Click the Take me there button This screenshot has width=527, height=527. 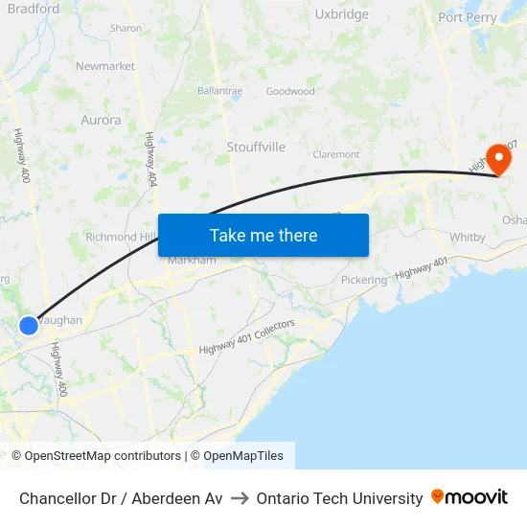[x=263, y=235]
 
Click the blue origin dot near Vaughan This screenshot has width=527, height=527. [x=29, y=326]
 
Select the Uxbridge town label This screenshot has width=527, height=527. [x=341, y=14]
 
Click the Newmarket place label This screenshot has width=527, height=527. [x=105, y=66]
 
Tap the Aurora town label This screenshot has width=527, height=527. [x=102, y=121]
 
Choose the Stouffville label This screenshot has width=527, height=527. [x=256, y=147]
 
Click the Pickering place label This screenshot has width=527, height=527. [x=364, y=280]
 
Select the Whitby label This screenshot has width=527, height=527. [x=468, y=237]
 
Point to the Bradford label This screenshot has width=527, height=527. [x=33, y=9]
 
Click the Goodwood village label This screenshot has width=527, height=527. [x=290, y=92]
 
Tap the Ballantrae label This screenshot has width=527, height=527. [x=219, y=91]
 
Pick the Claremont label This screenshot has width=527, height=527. [x=336, y=154]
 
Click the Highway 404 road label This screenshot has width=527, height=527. [x=150, y=159]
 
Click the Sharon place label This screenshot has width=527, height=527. [x=126, y=29]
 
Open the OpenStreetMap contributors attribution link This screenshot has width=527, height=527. [x=96, y=456]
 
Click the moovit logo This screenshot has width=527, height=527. [x=470, y=497]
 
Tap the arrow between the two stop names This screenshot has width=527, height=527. [x=240, y=498]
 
